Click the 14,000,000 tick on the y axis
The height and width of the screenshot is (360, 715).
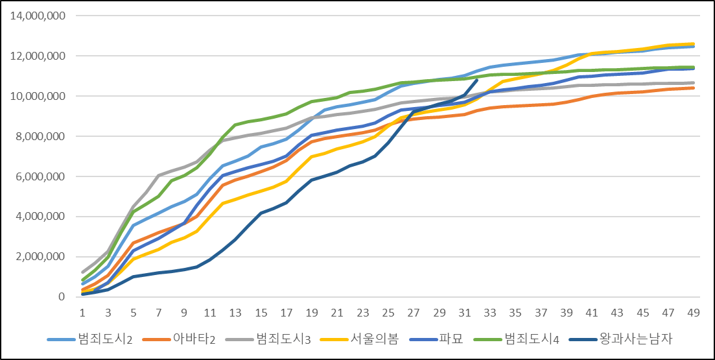(x=38, y=16)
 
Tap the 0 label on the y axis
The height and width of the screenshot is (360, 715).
(x=61, y=297)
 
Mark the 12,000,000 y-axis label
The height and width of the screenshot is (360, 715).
(x=38, y=56)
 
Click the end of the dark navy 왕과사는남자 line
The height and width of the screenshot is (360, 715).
(x=477, y=80)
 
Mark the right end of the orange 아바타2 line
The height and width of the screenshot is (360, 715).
(x=694, y=88)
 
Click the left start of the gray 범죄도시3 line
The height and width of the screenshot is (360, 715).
(x=83, y=272)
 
